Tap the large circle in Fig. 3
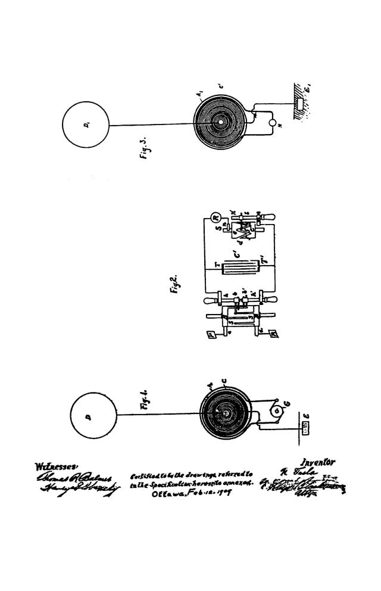pos(86,125)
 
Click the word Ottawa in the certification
pos(168,494)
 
